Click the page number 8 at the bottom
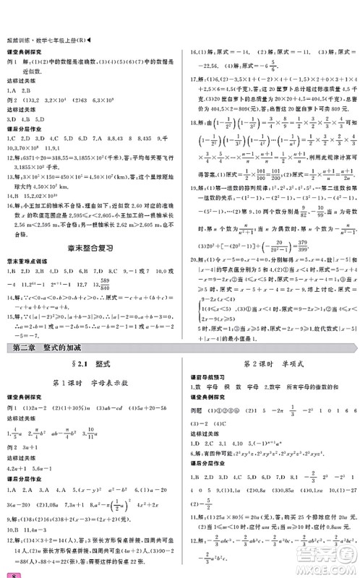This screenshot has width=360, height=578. click(x=7, y=572)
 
